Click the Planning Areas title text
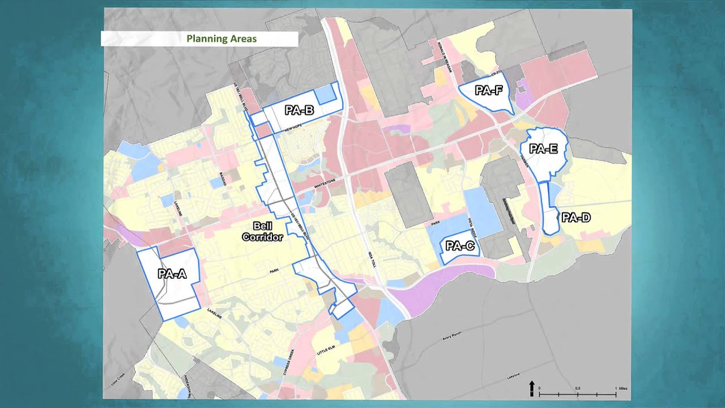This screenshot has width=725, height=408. click(221, 39)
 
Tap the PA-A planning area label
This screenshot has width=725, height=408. click(172, 274)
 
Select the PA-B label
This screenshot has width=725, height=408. click(299, 110)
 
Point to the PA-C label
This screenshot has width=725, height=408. click(460, 246)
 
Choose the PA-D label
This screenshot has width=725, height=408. click(576, 218)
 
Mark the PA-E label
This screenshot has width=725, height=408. click(543, 149)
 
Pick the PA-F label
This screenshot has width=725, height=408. click(489, 90)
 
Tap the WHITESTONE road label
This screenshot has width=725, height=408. click(325, 181)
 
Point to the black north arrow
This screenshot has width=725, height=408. click(532, 388)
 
